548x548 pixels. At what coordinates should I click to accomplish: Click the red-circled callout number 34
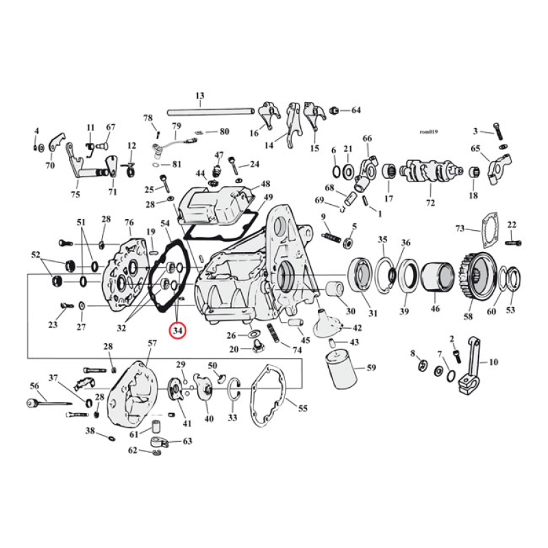177,331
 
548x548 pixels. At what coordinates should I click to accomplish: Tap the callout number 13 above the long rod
200,96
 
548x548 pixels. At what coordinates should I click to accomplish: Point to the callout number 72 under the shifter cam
430,204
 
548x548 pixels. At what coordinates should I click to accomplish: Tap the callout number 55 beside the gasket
302,408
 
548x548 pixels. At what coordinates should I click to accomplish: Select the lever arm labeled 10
470,367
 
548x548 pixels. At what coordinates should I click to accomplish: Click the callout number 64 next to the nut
355,110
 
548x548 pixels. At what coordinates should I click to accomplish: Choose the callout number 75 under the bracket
75,195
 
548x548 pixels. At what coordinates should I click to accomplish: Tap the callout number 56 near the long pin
34,386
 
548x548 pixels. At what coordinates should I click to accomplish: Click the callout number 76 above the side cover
128,223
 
